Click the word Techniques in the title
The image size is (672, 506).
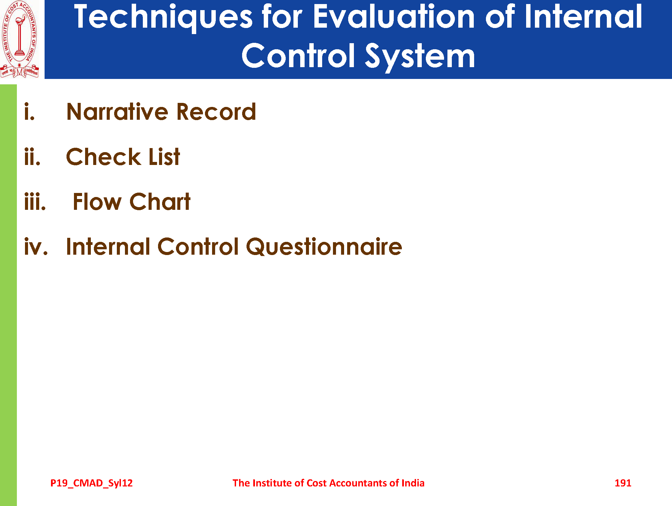163,17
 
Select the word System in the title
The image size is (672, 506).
420,57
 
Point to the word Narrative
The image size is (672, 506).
118,112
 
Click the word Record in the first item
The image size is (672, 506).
216,112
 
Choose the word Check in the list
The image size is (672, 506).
103,157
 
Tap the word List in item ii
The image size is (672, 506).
164,157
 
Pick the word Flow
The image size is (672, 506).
97,202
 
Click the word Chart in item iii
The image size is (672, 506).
160,202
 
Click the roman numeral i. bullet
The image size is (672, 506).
29,112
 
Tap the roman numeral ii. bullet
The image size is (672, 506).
32,157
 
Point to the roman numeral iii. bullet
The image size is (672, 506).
35,202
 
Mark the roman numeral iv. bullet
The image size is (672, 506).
36,247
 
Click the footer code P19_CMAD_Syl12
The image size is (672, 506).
92,483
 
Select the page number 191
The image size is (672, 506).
623,483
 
